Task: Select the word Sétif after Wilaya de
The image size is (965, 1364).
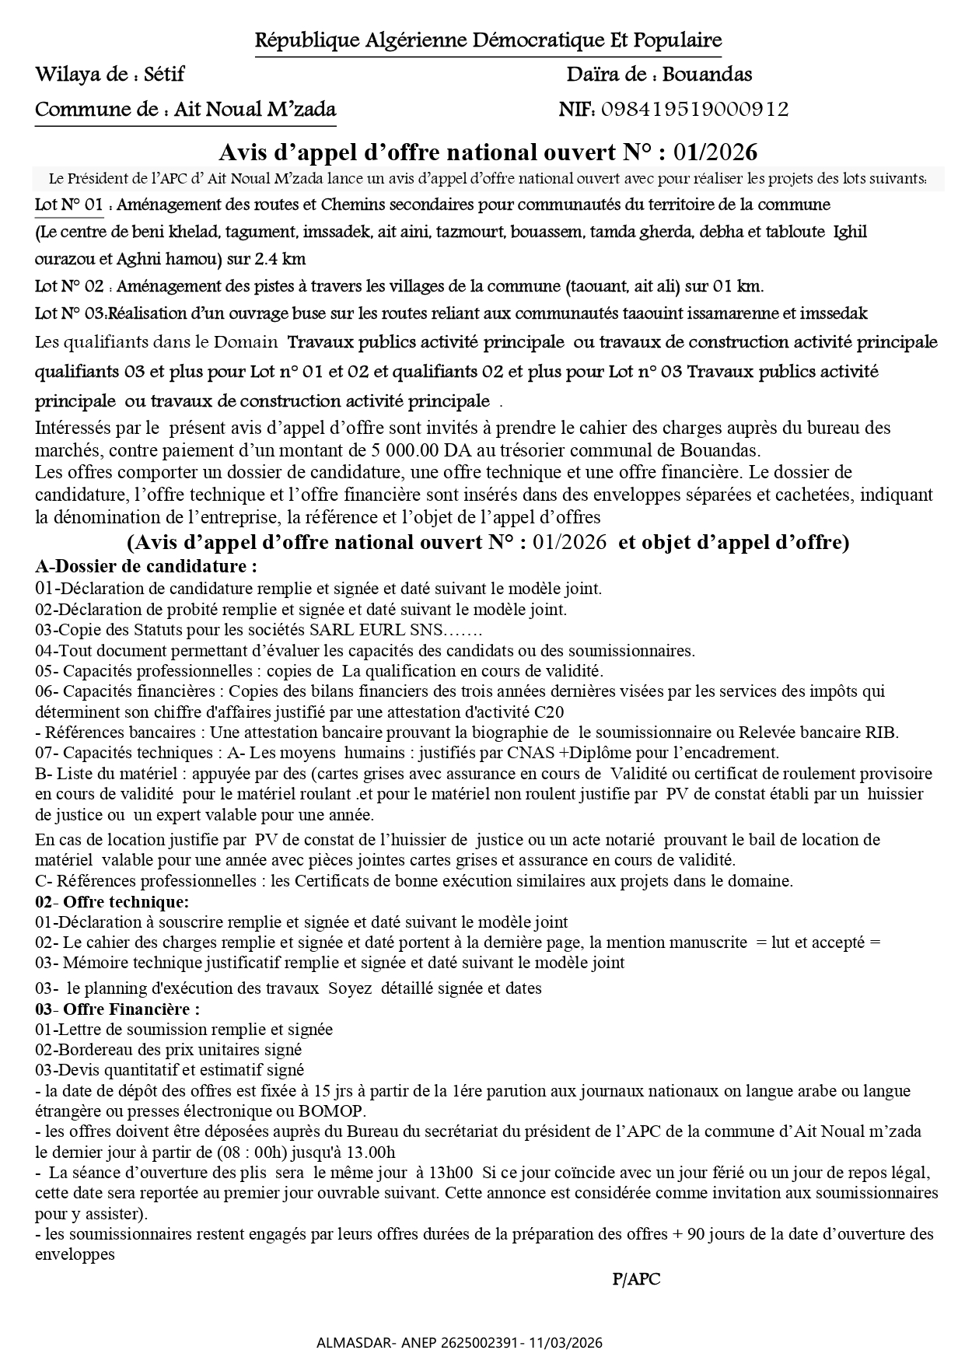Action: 166,75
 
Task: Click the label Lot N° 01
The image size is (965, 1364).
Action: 69,205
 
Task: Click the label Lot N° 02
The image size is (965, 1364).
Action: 69,287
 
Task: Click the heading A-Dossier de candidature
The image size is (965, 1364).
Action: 146,566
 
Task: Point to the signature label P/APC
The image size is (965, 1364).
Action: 636,1279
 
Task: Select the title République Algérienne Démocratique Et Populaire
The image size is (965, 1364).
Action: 488,40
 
